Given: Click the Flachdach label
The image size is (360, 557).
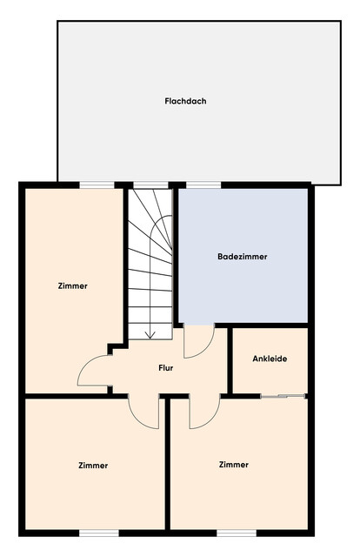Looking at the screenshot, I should [185, 101].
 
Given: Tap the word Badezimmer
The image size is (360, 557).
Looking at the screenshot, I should [242, 257].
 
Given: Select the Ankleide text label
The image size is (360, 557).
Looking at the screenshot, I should [270, 359].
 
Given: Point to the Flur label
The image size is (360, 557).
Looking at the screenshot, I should [165, 368].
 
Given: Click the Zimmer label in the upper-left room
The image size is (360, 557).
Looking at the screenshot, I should [72, 285].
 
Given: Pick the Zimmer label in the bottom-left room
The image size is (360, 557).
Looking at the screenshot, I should [92, 465].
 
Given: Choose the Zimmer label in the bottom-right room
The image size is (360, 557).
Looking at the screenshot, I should [235, 464].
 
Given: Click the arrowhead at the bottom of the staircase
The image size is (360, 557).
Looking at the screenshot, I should [150, 333].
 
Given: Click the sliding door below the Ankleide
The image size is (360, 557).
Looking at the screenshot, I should [283, 397].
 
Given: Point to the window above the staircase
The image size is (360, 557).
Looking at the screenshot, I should [150, 185].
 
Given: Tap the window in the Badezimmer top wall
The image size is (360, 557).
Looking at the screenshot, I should [202, 185].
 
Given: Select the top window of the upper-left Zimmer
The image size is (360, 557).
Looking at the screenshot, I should [97, 185].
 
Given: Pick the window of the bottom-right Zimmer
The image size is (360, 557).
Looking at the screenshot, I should [236, 532].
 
